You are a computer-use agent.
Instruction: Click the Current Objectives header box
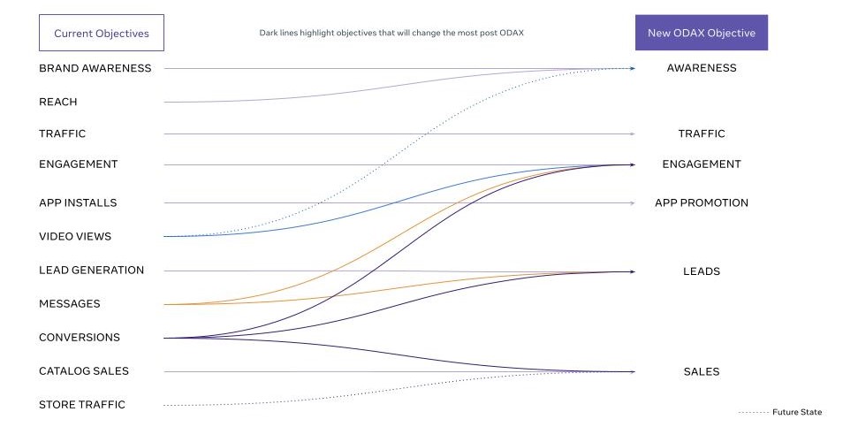coord(101,34)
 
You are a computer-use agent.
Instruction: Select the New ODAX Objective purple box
coord(701,34)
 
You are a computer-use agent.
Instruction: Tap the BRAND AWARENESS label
coord(95,68)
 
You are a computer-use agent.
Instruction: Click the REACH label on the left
coord(57,102)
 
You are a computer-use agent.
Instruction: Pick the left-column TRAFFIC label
coord(62,133)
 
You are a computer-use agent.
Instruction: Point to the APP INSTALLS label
coord(78,202)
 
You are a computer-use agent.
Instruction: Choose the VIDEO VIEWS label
coord(74,236)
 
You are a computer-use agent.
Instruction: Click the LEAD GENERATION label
coord(91,270)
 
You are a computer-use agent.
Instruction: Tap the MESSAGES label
coord(69,303)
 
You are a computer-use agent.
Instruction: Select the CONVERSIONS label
coord(79,337)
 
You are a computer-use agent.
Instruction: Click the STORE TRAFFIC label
coord(81,405)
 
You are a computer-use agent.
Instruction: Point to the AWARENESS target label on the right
coord(701,68)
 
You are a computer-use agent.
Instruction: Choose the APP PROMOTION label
coord(701,202)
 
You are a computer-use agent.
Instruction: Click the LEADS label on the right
coord(701,271)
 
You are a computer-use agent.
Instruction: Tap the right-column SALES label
coord(701,371)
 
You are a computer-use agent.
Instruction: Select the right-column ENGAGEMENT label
coord(701,164)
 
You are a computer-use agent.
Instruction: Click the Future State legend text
coord(796,412)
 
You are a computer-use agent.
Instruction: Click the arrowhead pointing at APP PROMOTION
coord(632,203)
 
